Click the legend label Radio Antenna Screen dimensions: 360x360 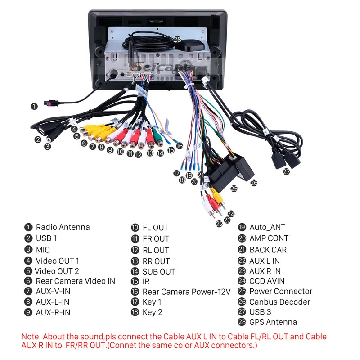point(63,227)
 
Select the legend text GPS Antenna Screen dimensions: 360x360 point(273,322)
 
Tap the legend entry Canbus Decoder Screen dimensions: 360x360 point(279,302)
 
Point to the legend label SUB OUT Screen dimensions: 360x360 point(158,271)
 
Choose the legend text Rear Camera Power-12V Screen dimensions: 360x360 point(186,292)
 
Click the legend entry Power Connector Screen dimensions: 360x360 point(280,291)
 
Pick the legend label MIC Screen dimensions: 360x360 point(43,250)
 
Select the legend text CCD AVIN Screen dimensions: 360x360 point(267,281)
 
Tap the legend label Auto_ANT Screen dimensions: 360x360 point(267,227)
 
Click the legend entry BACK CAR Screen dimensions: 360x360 point(268,250)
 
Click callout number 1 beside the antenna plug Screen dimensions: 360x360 point(34,107)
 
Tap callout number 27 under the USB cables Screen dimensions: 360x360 point(286,171)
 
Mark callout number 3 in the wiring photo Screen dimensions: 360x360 point(48,146)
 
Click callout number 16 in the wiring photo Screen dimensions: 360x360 point(180,146)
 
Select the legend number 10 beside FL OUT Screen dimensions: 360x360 point(135,228)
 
